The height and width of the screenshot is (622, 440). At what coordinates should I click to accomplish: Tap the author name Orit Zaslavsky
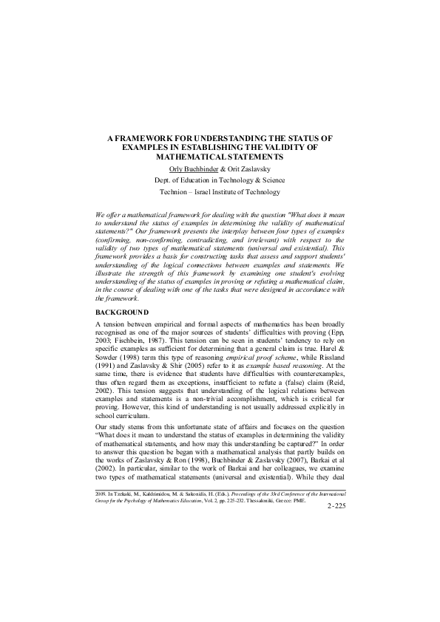[x=252, y=168]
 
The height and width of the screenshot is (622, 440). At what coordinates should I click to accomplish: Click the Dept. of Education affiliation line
[x=220, y=180]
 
